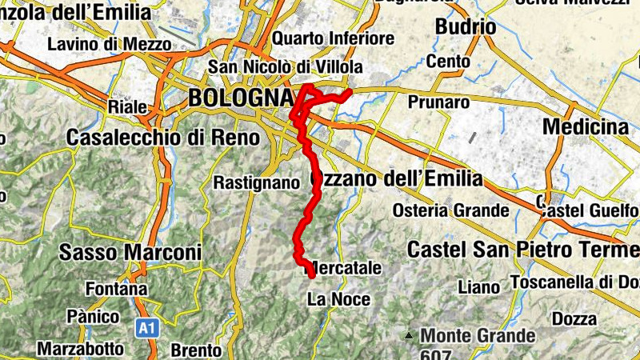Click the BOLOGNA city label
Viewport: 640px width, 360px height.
(239, 98)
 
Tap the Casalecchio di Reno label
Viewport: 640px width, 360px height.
(163, 138)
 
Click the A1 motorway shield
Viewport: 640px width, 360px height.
(145, 327)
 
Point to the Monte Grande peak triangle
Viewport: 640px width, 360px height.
(410, 335)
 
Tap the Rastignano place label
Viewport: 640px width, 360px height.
(256, 182)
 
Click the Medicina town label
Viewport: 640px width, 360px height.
(585, 127)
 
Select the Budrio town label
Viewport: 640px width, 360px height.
(465, 27)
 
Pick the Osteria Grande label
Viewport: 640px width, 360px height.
(451, 211)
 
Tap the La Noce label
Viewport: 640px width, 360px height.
(338, 300)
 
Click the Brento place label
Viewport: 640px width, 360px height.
(196, 350)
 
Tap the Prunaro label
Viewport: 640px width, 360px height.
(438, 102)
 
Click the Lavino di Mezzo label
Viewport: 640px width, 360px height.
(109, 44)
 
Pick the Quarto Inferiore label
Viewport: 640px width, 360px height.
(333, 38)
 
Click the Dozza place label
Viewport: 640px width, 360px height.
(574, 319)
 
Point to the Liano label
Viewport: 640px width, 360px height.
(478, 286)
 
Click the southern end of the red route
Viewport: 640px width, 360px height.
(311, 276)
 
